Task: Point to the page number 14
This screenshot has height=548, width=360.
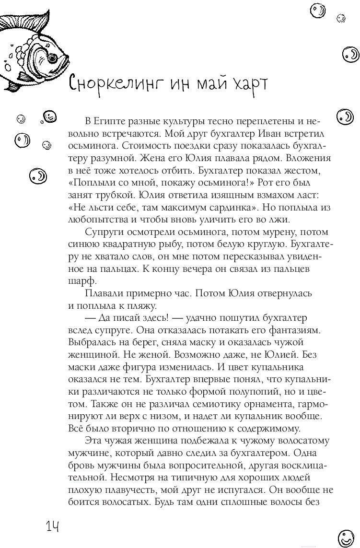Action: point(52,527)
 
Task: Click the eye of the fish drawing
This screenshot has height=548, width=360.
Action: point(50,58)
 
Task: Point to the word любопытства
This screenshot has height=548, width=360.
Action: point(91,220)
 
